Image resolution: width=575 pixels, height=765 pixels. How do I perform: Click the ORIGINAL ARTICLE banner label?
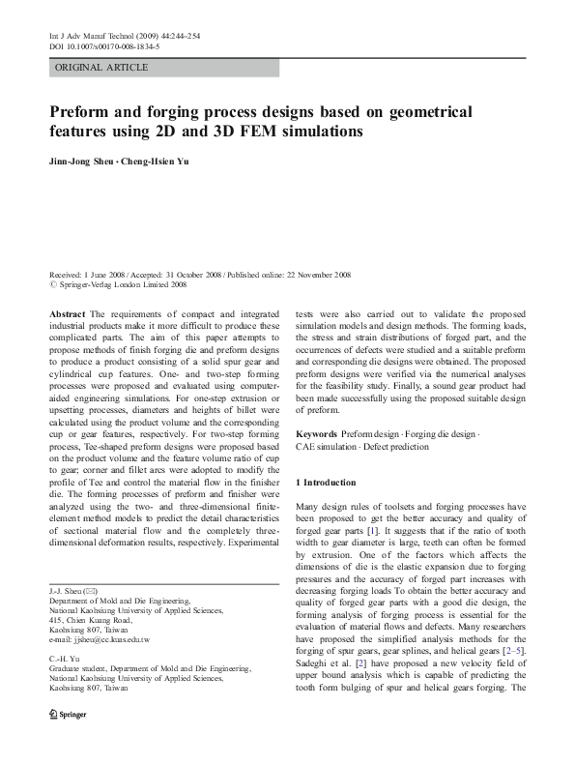(101, 68)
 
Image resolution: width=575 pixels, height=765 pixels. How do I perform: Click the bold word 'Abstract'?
(67, 314)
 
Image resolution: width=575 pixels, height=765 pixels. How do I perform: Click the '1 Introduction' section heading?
(326, 482)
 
